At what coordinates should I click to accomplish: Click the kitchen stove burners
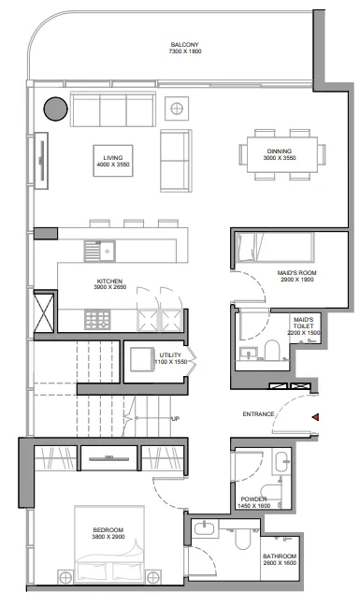[x=98, y=319]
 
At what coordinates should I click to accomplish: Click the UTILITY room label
[x=170, y=355]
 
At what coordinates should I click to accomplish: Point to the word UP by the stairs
[x=176, y=418]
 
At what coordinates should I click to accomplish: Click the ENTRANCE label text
[x=258, y=414]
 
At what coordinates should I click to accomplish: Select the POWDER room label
[x=254, y=499]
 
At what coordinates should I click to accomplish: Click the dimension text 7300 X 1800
[x=186, y=52]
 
